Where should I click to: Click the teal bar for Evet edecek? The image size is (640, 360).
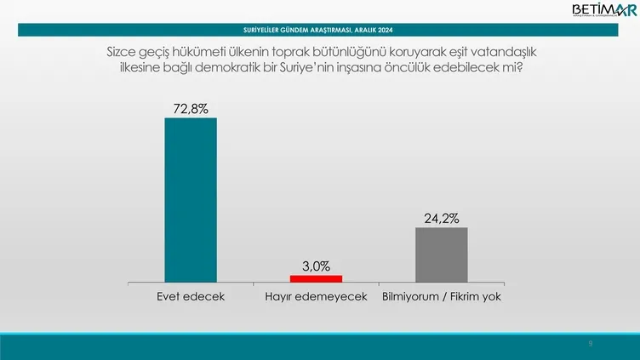[x=190, y=199]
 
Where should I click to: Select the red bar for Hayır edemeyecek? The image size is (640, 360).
[x=316, y=278]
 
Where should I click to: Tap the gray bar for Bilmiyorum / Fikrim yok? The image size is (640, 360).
[x=441, y=254]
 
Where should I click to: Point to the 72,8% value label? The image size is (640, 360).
[x=190, y=108]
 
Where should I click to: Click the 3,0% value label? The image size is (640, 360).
[x=316, y=265]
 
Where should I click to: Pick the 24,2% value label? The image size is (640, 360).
[x=441, y=218]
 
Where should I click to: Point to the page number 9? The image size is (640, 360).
[x=590, y=344]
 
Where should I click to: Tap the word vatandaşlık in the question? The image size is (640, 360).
[x=502, y=53]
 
